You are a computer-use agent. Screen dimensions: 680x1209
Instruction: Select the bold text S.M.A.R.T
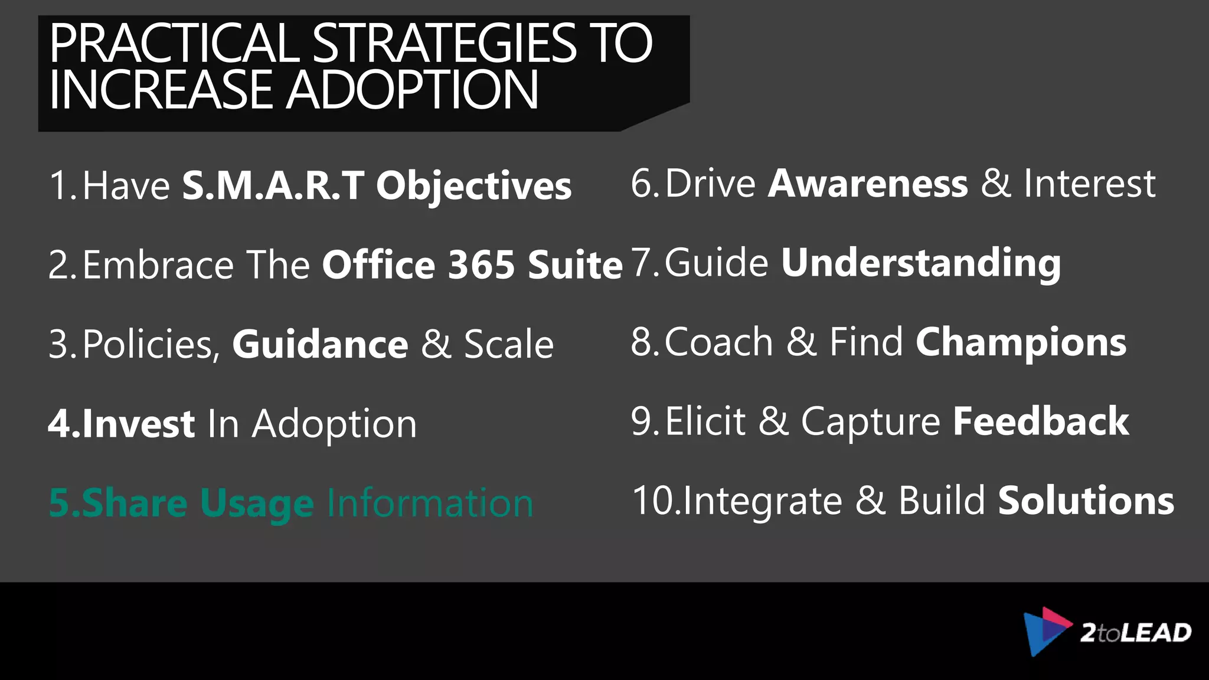tap(273, 185)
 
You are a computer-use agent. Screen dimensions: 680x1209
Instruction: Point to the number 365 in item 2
tap(482, 264)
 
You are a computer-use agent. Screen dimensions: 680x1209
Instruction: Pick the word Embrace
tap(158, 264)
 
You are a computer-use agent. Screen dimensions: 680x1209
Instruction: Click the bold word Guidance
tap(320, 344)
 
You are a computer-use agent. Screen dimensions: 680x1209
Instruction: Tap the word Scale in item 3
tap(509, 344)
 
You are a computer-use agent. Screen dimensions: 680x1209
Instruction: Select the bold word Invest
tap(139, 424)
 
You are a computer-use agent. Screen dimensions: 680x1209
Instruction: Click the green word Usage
tap(257, 504)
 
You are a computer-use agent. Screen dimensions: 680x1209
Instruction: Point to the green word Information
tap(430, 503)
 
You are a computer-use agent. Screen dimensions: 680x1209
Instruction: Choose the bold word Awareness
tap(868, 183)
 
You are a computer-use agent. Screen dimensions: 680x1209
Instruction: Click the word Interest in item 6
tap(1089, 183)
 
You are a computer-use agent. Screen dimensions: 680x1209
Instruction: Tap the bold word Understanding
tap(921, 263)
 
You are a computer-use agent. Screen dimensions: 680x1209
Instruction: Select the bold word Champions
tap(1021, 342)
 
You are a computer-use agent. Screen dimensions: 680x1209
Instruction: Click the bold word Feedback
tap(1041, 421)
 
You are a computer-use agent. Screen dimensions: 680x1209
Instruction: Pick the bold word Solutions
tap(1086, 501)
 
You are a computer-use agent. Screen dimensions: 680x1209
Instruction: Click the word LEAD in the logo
tap(1156, 633)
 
